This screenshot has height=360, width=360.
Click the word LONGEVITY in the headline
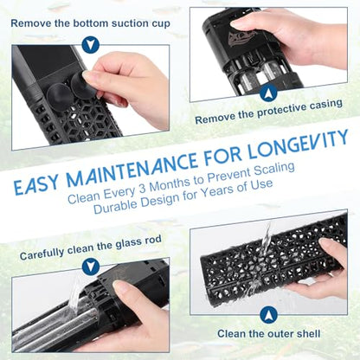pos(298,145)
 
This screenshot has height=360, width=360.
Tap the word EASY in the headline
pos(35,185)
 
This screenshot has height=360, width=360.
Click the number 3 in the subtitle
pos(142,188)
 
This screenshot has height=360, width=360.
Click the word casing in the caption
pos(326,105)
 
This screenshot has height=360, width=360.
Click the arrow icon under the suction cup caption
pos(91,44)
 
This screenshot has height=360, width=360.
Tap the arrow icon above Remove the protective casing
pos(268,93)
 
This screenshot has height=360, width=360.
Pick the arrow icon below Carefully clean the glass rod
pos(91,267)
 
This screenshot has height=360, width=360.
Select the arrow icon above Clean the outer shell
pos(268,315)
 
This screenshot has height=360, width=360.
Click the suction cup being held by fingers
pos(84,86)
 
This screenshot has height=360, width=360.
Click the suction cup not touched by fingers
pos(60,97)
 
